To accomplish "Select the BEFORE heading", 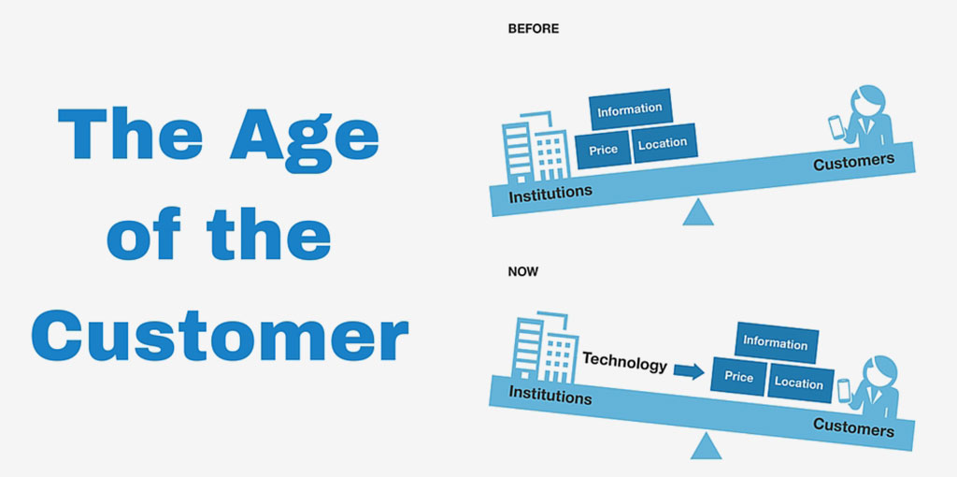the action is coord(534,29).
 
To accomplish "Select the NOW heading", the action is coord(523,272).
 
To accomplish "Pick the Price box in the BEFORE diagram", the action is coord(603,150).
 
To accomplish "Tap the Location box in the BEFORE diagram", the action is coord(664,143).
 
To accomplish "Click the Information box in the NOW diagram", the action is coord(776,342).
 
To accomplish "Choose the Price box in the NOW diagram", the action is coord(738,377).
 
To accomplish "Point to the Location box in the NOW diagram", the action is coord(800,383).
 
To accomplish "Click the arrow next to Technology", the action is coord(690,370).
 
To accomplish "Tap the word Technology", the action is coord(624,362).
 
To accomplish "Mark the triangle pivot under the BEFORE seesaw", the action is coord(697,212).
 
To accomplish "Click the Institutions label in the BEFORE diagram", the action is coord(550,194).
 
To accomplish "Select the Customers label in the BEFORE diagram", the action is coord(854,162).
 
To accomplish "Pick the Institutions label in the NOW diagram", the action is coord(550,395).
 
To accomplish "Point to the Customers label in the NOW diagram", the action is coord(854,426).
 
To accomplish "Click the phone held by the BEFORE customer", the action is coord(836,128).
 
